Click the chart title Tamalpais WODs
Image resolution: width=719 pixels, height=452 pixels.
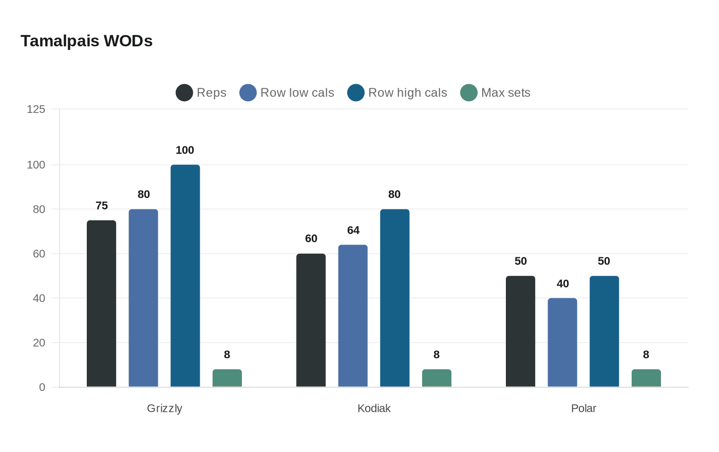point(86,41)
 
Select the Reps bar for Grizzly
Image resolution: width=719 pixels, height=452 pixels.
point(101,304)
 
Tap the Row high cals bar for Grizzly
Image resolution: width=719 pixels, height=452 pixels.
point(185,276)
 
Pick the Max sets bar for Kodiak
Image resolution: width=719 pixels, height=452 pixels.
point(437,378)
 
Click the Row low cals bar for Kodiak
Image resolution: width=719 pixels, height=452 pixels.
point(353,316)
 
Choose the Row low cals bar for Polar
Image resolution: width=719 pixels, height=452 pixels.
point(562,343)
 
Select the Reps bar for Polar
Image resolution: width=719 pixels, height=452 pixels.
point(520,331)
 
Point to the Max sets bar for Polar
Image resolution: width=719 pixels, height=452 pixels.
point(646,378)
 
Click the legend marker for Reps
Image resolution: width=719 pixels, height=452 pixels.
point(184,93)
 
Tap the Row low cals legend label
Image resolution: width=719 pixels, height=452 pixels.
point(297,93)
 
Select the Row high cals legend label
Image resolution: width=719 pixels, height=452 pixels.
point(407,93)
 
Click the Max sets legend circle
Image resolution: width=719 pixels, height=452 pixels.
point(469,93)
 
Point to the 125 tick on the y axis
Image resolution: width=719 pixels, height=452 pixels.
point(36,109)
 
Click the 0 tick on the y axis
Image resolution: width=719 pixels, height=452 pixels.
point(42,387)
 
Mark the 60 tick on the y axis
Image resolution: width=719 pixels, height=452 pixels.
point(39,254)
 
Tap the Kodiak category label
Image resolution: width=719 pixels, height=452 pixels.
point(374,408)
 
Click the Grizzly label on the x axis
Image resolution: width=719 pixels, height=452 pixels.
point(164,408)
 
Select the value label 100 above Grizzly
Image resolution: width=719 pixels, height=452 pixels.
point(185,150)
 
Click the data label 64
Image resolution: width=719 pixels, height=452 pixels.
point(353,231)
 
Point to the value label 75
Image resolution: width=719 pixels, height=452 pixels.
point(102,206)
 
